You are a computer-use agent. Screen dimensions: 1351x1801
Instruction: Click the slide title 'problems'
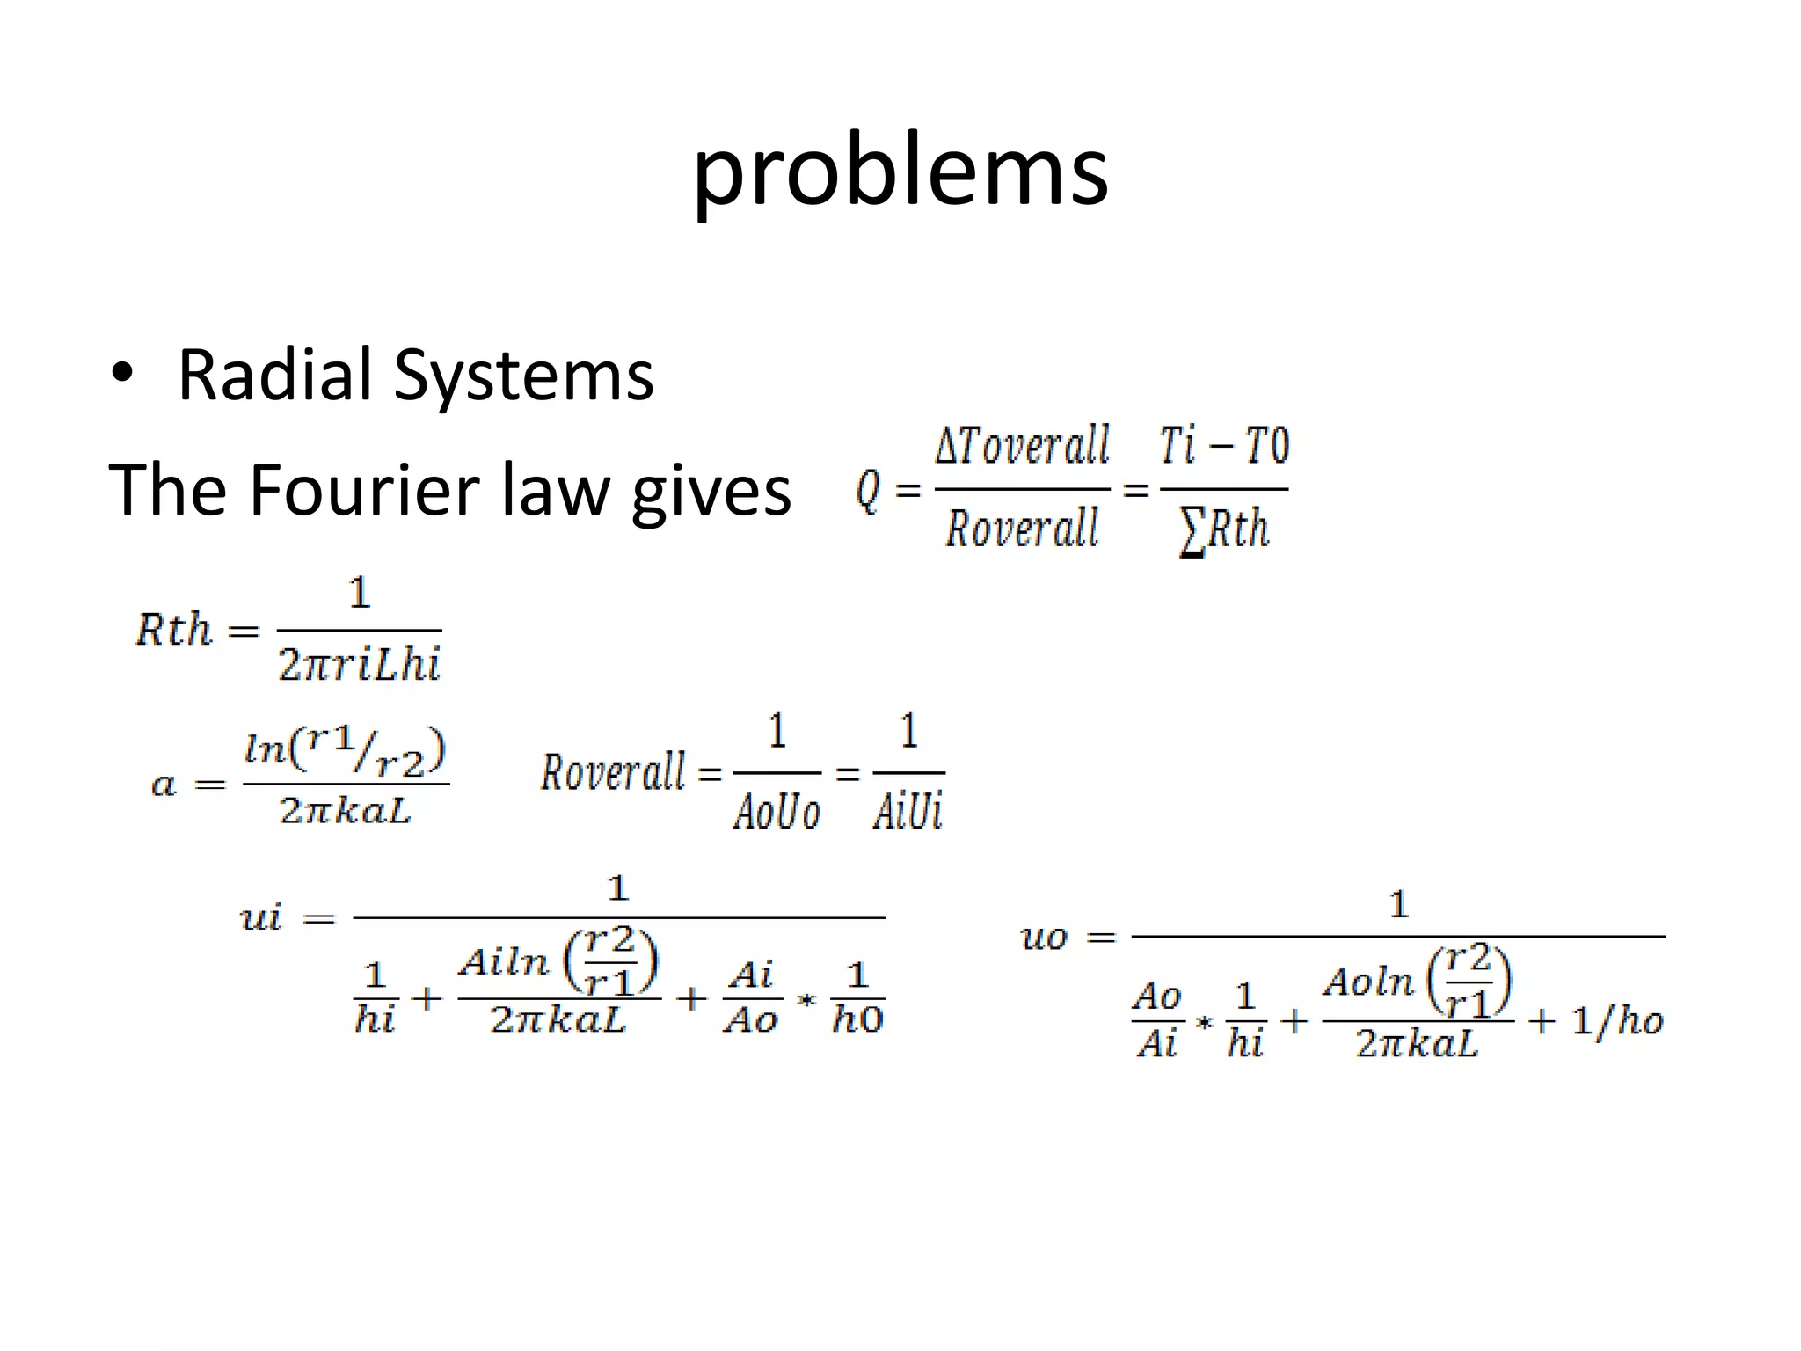coord(900,172)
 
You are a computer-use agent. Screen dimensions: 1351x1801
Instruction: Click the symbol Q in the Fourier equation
coord(867,490)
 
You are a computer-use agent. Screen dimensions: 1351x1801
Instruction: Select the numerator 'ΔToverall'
coord(1022,446)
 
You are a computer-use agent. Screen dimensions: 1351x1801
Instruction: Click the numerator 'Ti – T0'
coord(1224,446)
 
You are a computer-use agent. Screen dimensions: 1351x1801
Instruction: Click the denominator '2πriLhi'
coord(359,665)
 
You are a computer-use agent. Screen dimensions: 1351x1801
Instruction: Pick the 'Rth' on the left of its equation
coord(173,630)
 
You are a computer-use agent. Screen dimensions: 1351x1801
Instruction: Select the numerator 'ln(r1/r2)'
coord(345,753)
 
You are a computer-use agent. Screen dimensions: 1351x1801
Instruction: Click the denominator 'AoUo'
coord(777,811)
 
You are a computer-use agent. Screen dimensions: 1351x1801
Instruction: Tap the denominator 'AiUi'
coord(908,811)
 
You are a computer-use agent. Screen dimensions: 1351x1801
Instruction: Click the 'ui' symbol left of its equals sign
coord(260,918)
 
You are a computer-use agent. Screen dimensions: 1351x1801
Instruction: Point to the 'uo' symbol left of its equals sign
coord(1044,938)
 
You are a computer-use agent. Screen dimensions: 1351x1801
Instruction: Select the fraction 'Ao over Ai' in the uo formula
coord(1156,1020)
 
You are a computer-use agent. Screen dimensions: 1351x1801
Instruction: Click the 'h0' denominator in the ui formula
coord(857,1020)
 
